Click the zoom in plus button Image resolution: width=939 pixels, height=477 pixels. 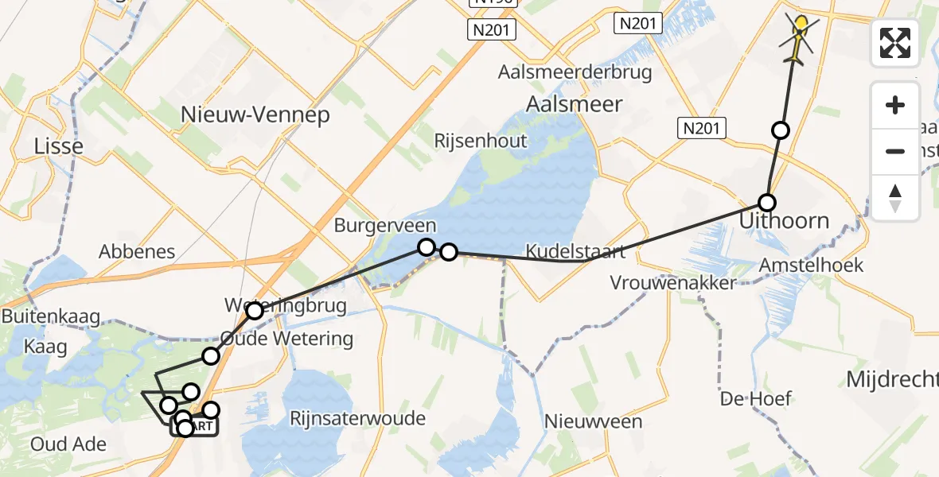coord(895,105)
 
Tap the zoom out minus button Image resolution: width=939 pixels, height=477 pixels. coord(895,151)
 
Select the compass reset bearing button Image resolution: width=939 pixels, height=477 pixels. coord(895,197)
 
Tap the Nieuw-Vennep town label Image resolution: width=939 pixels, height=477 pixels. coord(255,114)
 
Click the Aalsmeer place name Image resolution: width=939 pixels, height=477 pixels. coord(574,103)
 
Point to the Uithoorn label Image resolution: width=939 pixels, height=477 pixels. coord(784,221)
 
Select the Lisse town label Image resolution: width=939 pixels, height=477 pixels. coord(58,145)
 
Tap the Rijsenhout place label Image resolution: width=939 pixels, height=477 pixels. coord(481,141)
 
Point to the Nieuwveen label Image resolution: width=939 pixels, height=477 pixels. coord(593,421)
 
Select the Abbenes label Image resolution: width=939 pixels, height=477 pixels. coord(137,252)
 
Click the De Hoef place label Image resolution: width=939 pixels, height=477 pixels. coord(756,397)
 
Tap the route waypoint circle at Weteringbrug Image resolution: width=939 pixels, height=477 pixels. coord(255,311)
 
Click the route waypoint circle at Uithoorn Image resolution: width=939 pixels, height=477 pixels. coord(767,202)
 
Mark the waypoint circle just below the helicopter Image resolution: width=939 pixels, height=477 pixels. coord(781,130)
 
